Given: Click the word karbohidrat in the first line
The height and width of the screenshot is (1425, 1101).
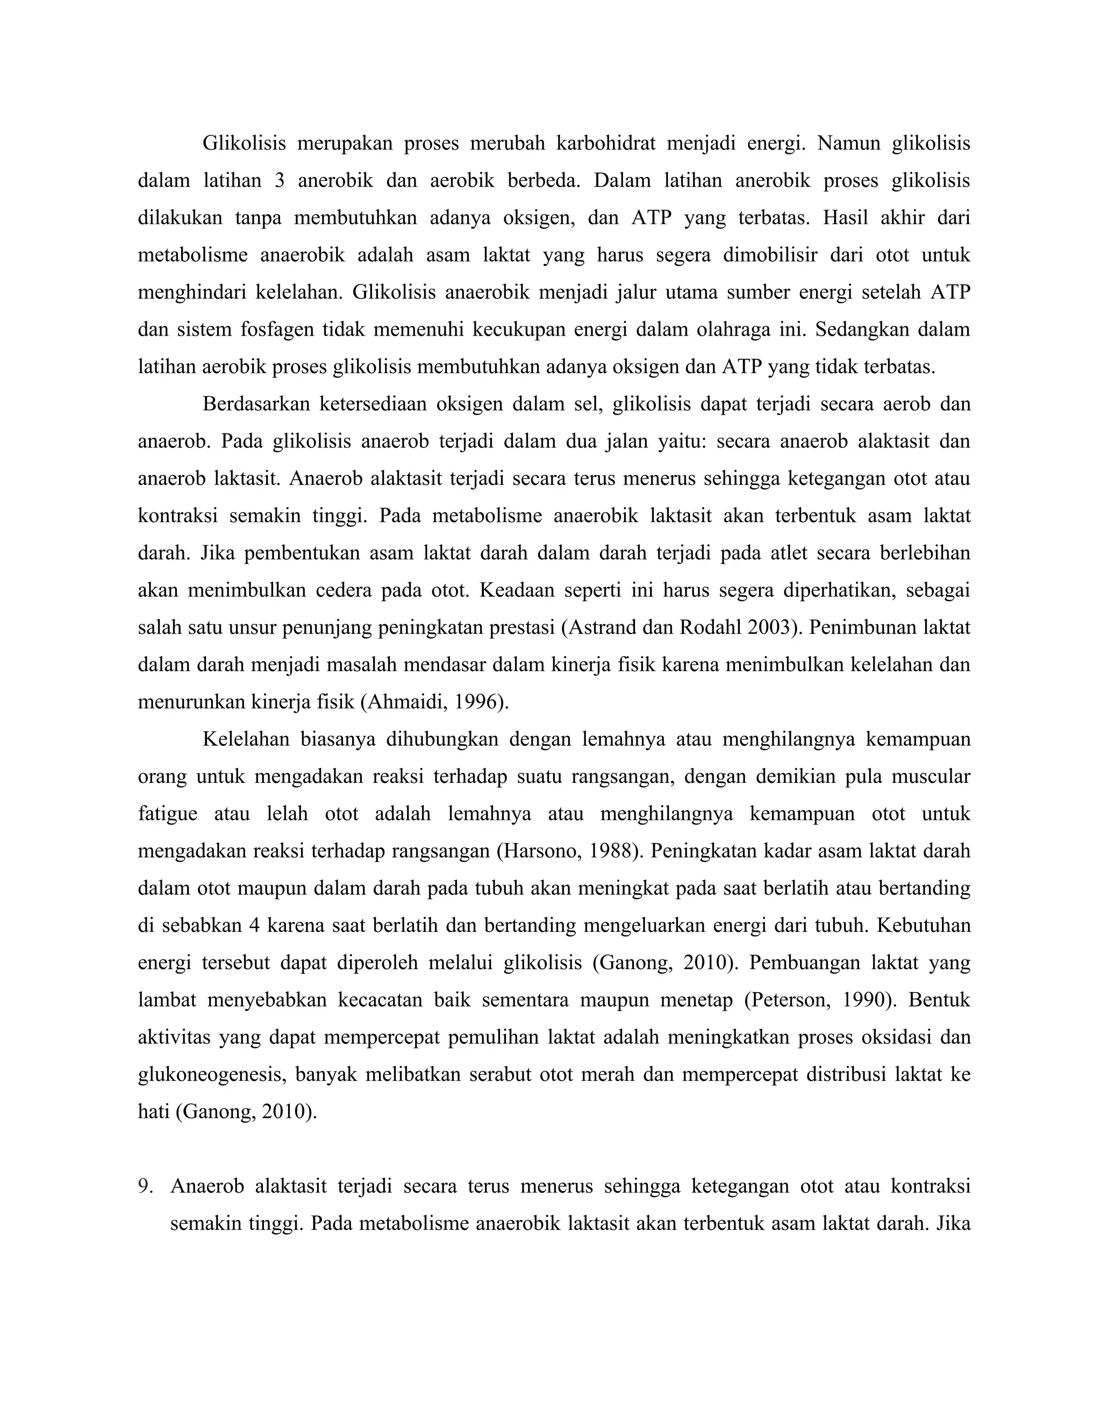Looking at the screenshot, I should tap(605, 143).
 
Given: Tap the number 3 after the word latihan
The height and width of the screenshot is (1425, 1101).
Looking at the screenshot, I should tap(279, 180).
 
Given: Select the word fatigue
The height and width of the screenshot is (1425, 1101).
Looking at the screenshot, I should tap(167, 814).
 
